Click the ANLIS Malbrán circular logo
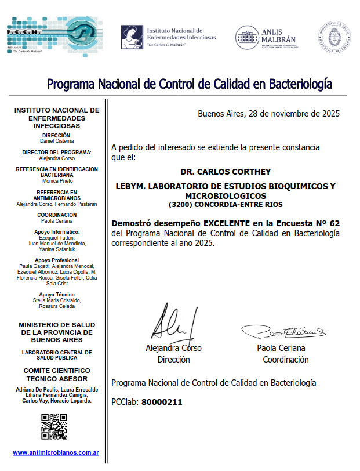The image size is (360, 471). tap(246, 38)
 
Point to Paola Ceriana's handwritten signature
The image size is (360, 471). tap(283, 331)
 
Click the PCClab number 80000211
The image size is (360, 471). tap(162, 401)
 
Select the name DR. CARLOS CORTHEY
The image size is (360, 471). tap(226, 172)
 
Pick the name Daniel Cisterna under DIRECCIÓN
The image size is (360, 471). tap(57, 141)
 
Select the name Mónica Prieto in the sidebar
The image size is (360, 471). tap(57, 180)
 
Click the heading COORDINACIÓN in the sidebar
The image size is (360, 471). tap(57, 215)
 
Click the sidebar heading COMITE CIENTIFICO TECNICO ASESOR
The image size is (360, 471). tap(57, 374)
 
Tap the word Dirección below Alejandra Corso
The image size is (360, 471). tap(173, 359)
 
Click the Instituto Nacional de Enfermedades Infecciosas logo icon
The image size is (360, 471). tap(132, 37)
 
